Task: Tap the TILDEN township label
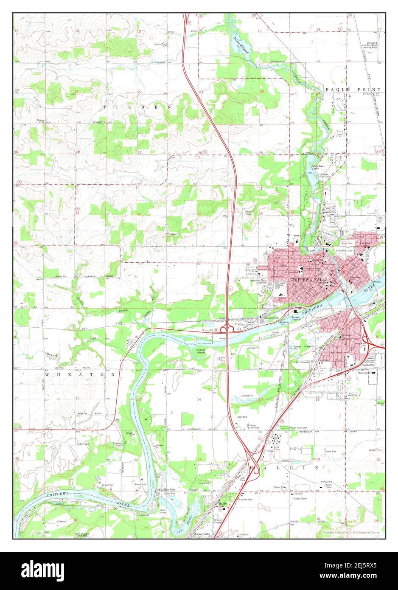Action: tap(137, 108)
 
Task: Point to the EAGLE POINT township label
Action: tap(353, 90)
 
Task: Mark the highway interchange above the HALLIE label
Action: tap(253, 455)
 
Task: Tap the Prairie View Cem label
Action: tap(298, 427)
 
